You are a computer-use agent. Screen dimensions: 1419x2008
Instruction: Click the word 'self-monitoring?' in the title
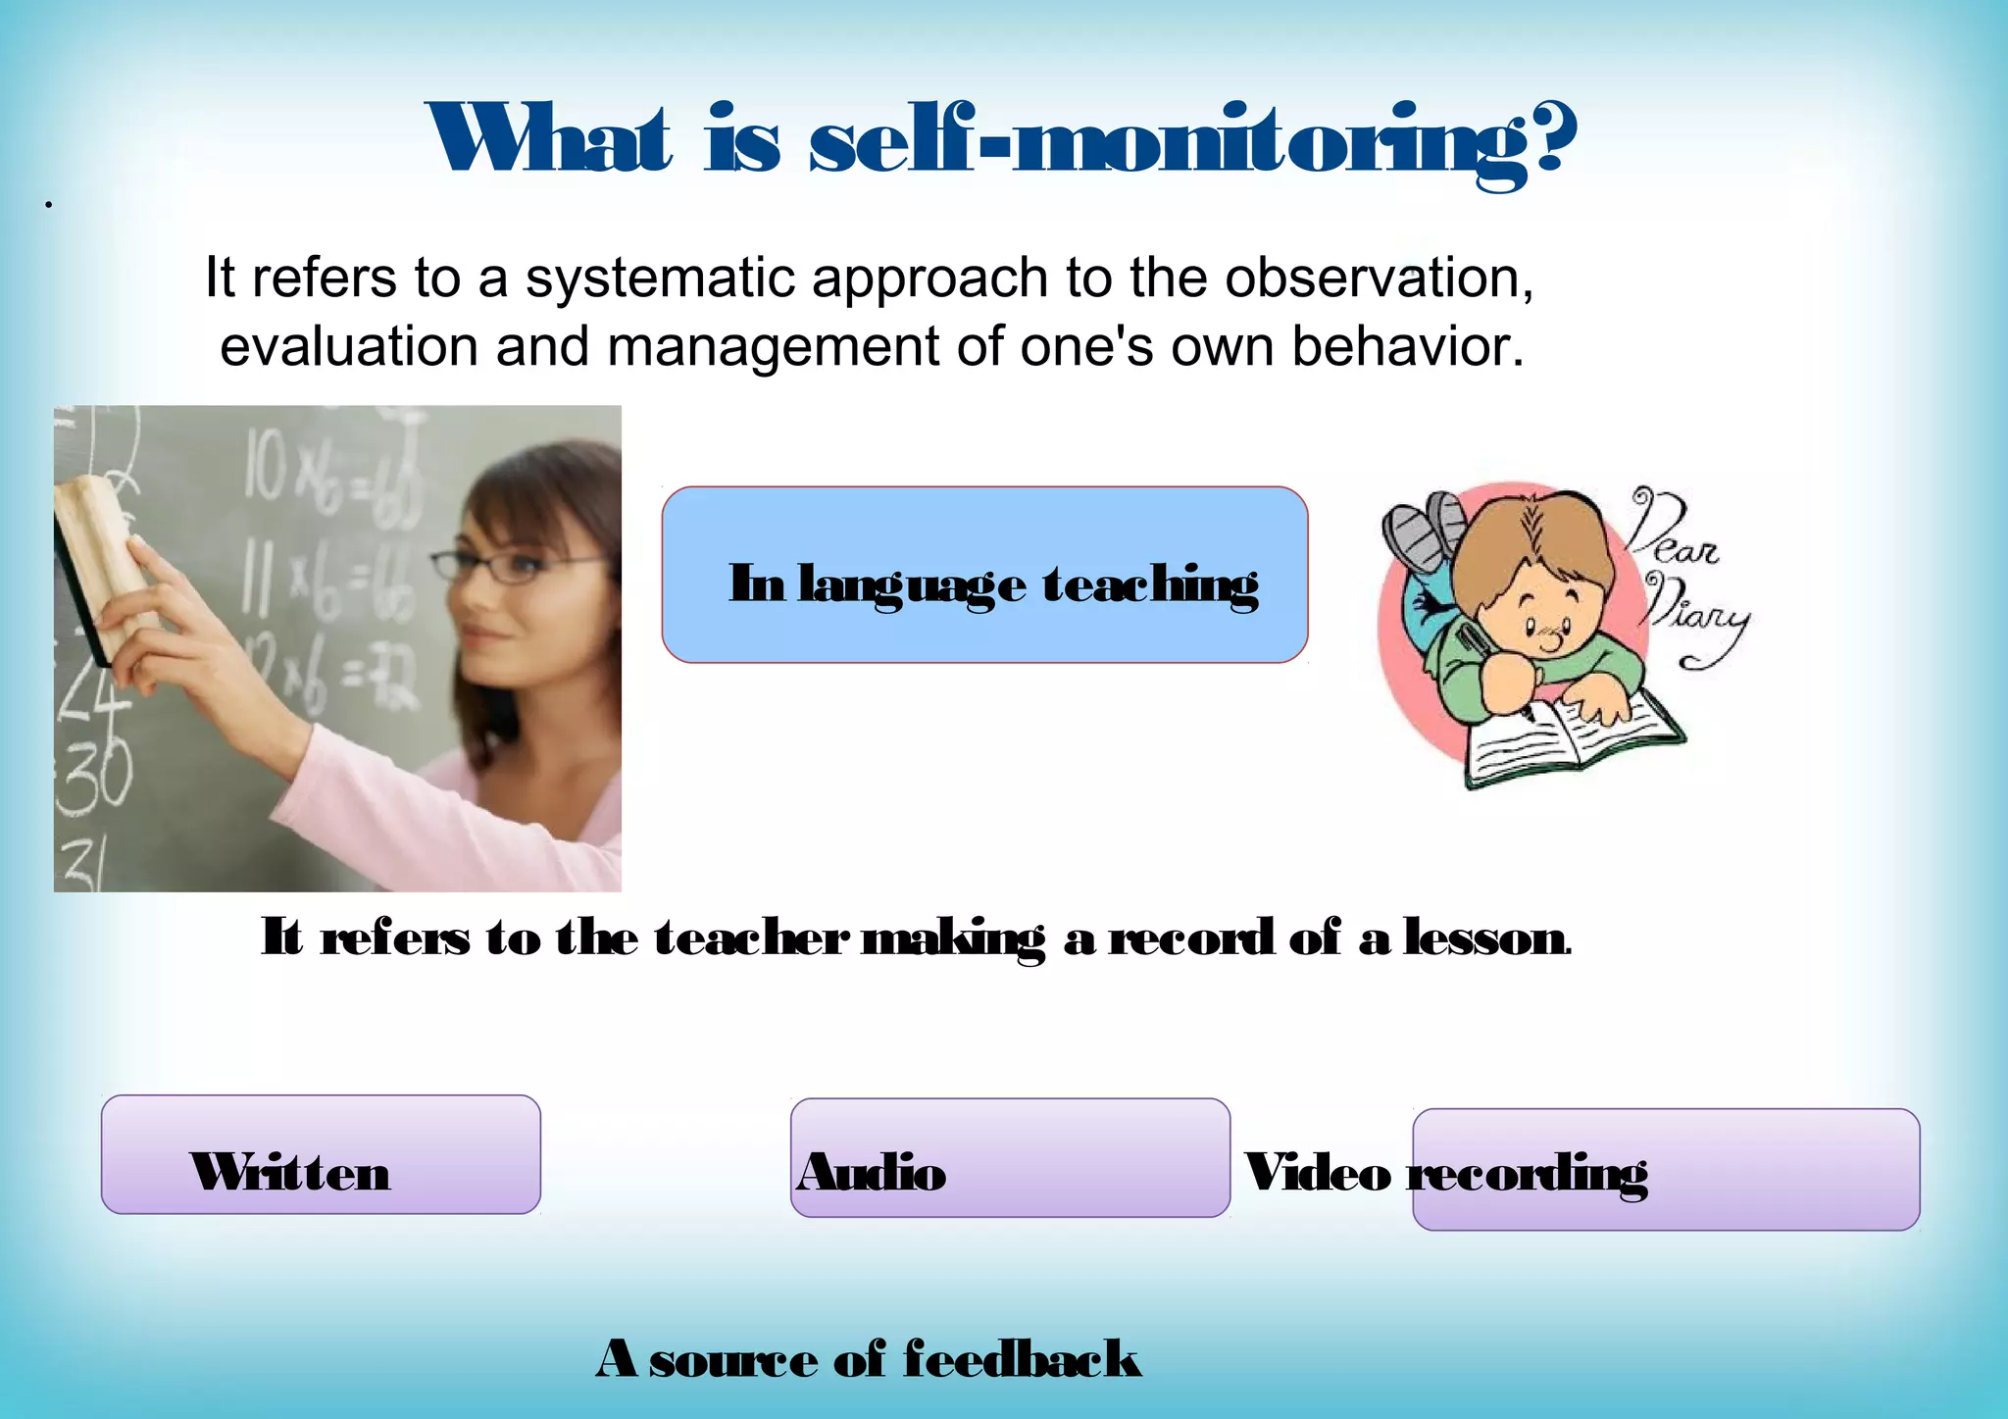(x=1193, y=142)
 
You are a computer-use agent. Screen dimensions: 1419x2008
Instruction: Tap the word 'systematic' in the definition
(x=660, y=278)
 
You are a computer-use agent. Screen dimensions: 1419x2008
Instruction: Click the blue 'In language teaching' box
(x=984, y=575)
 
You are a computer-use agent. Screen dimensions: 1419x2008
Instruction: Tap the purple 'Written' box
(x=321, y=1154)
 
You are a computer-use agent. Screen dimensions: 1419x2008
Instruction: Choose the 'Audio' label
(x=872, y=1172)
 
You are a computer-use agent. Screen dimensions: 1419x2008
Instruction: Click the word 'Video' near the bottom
(x=1317, y=1173)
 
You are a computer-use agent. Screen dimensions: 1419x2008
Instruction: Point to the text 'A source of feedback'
(x=869, y=1359)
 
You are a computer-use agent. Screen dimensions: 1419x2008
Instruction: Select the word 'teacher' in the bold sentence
(x=751, y=938)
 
